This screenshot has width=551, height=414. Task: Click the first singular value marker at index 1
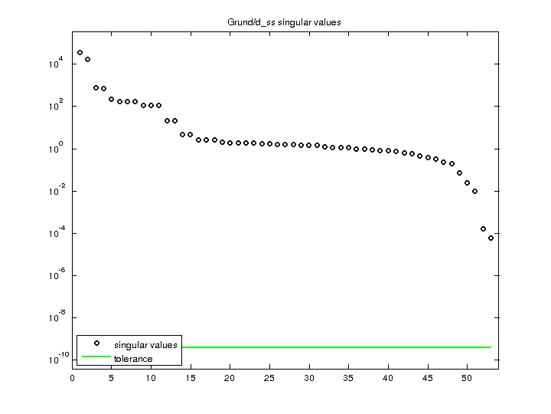point(80,53)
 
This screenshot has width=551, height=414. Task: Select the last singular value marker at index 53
point(491,238)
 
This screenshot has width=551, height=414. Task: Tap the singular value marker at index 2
point(88,59)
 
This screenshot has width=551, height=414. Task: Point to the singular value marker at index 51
point(474,191)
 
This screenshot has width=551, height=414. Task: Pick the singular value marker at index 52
point(483,228)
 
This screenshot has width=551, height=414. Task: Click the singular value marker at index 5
point(112,99)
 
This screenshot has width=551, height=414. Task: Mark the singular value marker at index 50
point(467,182)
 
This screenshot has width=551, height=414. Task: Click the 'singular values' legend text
point(145,345)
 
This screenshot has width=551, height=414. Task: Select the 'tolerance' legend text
point(133,359)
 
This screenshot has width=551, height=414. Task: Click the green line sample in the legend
point(97,357)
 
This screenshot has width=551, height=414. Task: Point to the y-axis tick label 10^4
point(55,64)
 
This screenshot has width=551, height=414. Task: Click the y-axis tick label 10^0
point(55,149)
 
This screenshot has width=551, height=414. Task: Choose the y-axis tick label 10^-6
point(55,275)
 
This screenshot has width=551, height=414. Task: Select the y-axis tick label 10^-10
point(54,360)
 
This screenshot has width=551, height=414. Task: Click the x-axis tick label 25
point(269,377)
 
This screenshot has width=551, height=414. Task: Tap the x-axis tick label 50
point(467,377)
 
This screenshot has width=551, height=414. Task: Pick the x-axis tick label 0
point(72,377)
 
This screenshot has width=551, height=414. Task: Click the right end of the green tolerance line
point(491,347)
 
